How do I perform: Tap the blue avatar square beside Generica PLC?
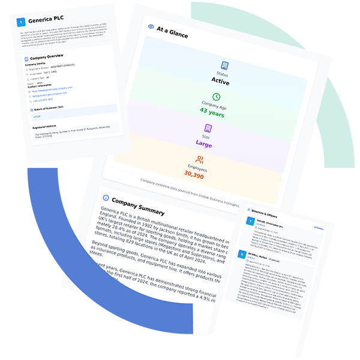[x=22, y=22]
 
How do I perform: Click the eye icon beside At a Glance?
[x=151, y=26]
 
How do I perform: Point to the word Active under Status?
[x=221, y=80]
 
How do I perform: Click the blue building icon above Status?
[x=224, y=65]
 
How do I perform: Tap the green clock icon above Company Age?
[x=216, y=97]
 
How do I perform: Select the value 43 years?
[x=212, y=112]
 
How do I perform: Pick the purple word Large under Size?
[x=204, y=143]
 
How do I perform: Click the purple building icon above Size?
[x=208, y=128]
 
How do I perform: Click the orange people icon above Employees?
[x=200, y=160]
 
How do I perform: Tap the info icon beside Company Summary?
[x=107, y=197]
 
